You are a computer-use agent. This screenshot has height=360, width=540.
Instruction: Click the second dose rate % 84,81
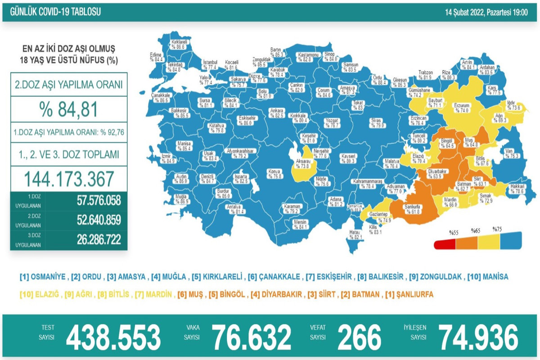[69, 109]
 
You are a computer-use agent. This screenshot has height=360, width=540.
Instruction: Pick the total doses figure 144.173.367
[69, 179]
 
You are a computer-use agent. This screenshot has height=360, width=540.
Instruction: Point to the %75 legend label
[497, 229]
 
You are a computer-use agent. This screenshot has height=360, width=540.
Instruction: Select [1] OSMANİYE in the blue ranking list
[43, 276]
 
